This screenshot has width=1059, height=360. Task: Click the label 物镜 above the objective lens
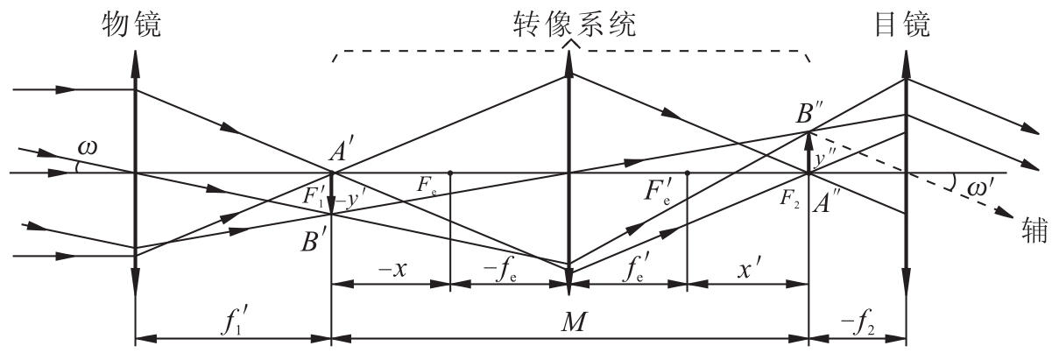click(x=131, y=25)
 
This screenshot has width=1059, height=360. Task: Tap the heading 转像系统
click(x=575, y=25)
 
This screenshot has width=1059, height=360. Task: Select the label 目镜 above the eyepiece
click(x=902, y=25)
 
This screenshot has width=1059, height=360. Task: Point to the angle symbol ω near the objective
click(x=88, y=147)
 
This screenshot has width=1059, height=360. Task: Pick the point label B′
click(x=312, y=241)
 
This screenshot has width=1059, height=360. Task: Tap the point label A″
click(x=823, y=203)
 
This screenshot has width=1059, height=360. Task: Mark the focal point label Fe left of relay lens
click(x=426, y=185)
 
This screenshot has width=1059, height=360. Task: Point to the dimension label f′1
click(x=233, y=321)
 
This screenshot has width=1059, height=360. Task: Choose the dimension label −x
click(x=392, y=269)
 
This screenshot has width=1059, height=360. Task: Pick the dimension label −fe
click(x=499, y=271)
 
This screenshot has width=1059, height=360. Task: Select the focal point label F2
click(x=789, y=198)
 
